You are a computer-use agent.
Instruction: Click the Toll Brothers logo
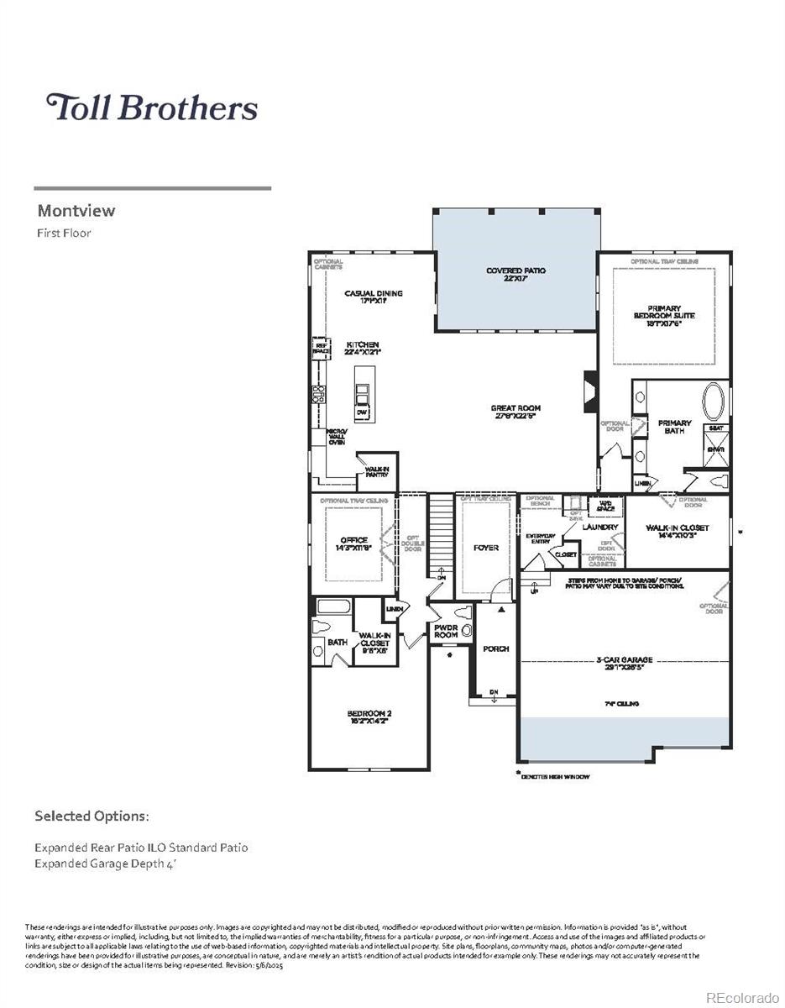click(152, 108)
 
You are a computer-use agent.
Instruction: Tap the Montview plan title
click(76, 211)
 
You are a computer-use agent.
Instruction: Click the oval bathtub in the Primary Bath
click(716, 402)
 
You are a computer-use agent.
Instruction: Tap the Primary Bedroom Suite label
click(663, 312)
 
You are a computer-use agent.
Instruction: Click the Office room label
click(353, 541)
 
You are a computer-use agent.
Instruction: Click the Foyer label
click(485, 548)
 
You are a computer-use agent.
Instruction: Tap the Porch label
click(495, 649)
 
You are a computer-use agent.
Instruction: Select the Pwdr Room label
click(446, 631)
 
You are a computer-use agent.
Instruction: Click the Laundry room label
click(599, 528)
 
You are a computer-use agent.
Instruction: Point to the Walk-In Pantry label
click(376, 472)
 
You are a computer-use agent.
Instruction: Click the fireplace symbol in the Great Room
click(589, 391)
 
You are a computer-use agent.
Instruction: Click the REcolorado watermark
click(741, 997)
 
